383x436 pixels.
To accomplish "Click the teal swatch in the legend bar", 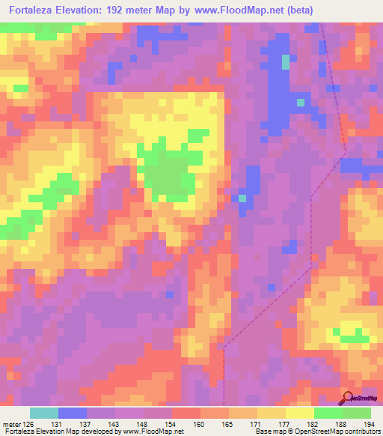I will tap(44, 413).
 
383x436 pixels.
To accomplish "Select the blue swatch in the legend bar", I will tap(73, 413).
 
